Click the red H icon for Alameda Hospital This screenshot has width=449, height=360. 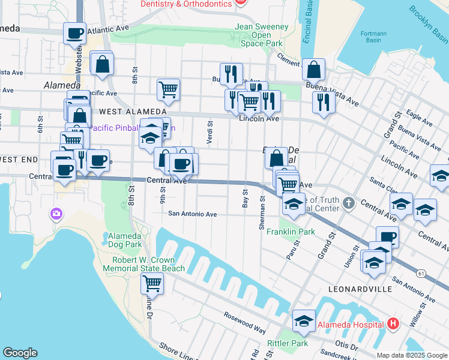click(393, 324)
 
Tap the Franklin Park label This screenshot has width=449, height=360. click(291, 232)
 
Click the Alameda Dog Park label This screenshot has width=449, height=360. click(125, 240)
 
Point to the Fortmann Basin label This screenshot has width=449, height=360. click(373, 37)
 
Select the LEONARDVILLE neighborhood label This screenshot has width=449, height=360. click(354, 289)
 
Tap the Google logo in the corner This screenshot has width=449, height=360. click(20, 353)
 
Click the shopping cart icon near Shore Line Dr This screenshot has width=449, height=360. click(152, 283)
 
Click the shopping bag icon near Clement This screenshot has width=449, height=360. click(313, 70)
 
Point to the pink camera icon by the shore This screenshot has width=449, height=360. click(56, 213)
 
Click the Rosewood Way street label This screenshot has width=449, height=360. click(245, 322)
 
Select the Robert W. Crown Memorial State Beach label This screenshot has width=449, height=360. click(143, 265)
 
